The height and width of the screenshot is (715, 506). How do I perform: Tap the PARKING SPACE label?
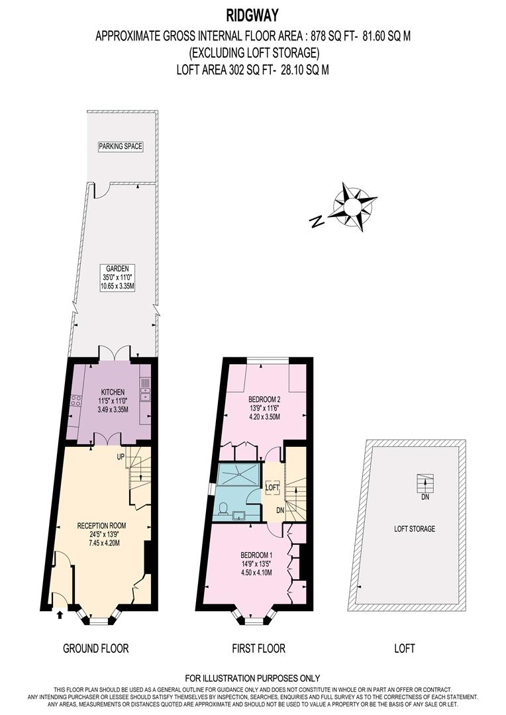pyautogui.click(x=121, y=146)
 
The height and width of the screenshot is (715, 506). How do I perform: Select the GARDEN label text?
pyautogui.click(x=117, y=268)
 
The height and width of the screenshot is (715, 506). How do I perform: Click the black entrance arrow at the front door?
pyautogui.click(x=60, y=614)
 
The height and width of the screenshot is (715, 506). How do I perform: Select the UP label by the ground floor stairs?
pyautogui.click(x=121, y=457)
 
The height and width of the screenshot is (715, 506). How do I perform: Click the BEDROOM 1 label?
pyautogui.click(x=258, y=555)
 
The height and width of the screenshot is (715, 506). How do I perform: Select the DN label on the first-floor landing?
pyautogui.click(x=280, y=510)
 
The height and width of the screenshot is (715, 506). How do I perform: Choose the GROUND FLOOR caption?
pyautogui.click(x=95, y=648)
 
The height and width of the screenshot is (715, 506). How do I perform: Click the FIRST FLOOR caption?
pyautogui.click(x=258, y=648)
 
